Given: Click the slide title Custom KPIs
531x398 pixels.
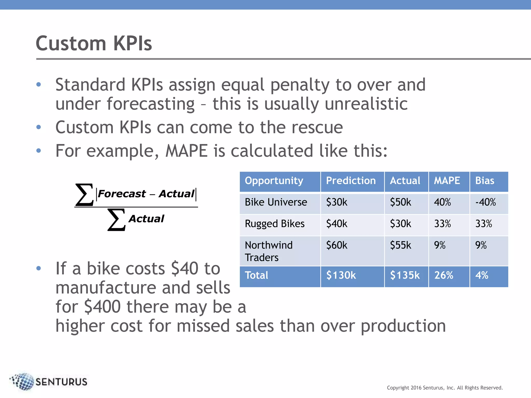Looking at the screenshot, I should point(94,44).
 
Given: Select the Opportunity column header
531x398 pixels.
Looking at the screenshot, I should point(274,181).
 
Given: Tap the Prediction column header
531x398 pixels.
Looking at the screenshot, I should point(351,181).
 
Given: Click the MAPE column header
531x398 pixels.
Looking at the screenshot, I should point(447,181).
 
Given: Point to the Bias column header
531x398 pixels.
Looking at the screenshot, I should point(484,181).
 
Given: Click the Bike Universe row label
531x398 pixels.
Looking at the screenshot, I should point(276,202).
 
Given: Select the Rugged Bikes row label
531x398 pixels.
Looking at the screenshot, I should point(274,224).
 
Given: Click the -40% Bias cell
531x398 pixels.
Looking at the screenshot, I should point(485,202).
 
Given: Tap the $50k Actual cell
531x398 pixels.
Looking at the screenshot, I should point(400,202).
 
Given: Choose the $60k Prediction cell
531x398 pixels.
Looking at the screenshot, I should point(336,245).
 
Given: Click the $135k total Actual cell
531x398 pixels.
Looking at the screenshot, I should point(404,275).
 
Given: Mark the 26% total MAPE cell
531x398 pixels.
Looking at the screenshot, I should point(443,275).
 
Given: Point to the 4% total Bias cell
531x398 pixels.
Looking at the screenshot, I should point(481,275).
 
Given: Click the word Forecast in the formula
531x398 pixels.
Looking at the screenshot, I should point(122,194).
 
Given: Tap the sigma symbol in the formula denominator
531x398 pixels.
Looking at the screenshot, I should point(116,220).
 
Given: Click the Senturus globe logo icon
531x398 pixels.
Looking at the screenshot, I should point(23,381).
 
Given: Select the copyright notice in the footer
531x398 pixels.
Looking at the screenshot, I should point(445,388).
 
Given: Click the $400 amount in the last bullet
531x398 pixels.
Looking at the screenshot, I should point(102,307).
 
